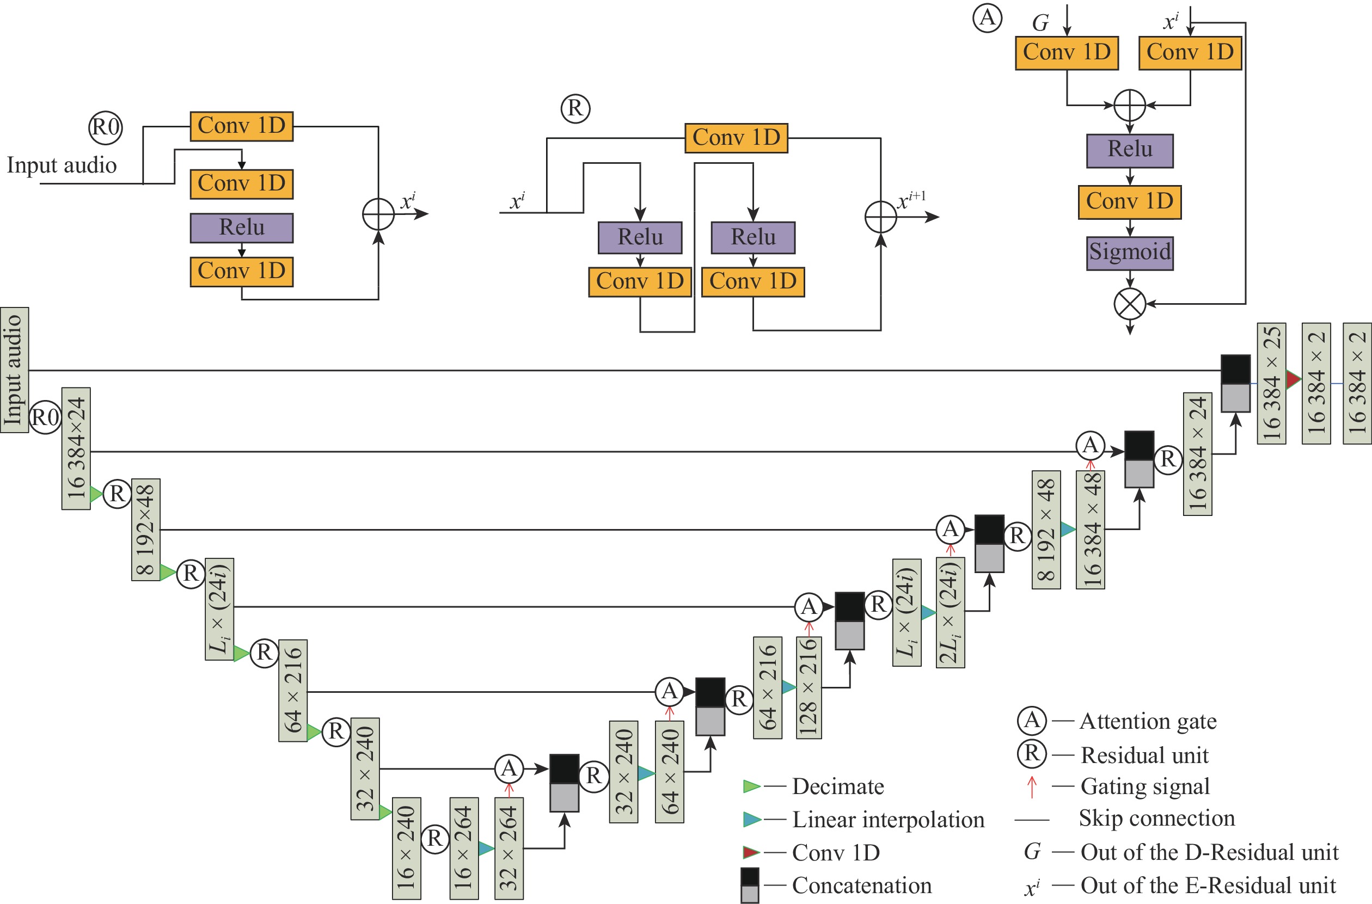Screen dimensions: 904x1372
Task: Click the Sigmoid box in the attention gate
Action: point(1129,253)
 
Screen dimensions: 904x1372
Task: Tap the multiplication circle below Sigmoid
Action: point(1129,304)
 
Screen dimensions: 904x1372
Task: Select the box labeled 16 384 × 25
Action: point(1271,383)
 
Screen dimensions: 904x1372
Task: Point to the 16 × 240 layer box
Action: point(406,848)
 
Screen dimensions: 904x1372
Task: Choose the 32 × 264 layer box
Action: point(509,848)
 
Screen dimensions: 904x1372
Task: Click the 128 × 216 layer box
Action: point(808,687)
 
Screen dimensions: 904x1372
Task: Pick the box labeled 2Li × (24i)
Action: point(950,613)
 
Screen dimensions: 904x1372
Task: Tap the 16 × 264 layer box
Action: point(464,848)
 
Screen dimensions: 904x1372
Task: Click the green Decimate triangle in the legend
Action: point(751,786)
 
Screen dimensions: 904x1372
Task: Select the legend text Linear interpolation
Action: point(888,819)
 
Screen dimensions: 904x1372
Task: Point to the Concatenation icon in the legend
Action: point(750,885)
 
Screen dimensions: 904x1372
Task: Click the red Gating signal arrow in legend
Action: point(1032,787)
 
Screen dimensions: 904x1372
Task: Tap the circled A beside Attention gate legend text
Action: point(1031,720)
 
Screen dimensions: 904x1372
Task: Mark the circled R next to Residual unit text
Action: point(1031,754)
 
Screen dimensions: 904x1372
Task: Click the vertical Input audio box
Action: point(14,370)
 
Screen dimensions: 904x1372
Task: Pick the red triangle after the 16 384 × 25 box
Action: point(1294,379)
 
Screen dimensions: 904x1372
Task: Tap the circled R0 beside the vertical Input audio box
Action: point(45,417)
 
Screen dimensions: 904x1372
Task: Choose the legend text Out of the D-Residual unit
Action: point(1209,852)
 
